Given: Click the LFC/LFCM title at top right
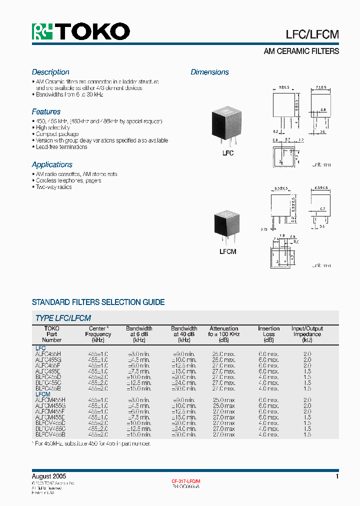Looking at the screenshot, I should (312, 34).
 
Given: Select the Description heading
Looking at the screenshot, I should (50, 72).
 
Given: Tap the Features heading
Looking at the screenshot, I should (46, 111).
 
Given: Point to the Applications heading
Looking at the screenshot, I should (52, 164).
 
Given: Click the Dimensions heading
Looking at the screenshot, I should (209, 72).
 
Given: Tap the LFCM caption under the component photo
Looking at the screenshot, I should (228, 251).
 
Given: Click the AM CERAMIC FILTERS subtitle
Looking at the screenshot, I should (301, 51).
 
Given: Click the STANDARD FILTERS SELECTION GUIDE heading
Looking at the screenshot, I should (98, 302).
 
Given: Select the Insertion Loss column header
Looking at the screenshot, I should (269, 334).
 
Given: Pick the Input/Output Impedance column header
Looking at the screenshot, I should (307, 334).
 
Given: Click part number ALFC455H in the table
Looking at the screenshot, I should (48, 353).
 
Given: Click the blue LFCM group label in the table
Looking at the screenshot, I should (42, 394).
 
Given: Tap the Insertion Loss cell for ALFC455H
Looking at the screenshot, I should (269, 353).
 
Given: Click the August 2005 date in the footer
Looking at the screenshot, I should (49, 476).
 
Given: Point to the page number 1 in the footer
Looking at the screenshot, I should (337, 476).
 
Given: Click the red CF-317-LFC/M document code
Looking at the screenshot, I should (186, 481).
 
